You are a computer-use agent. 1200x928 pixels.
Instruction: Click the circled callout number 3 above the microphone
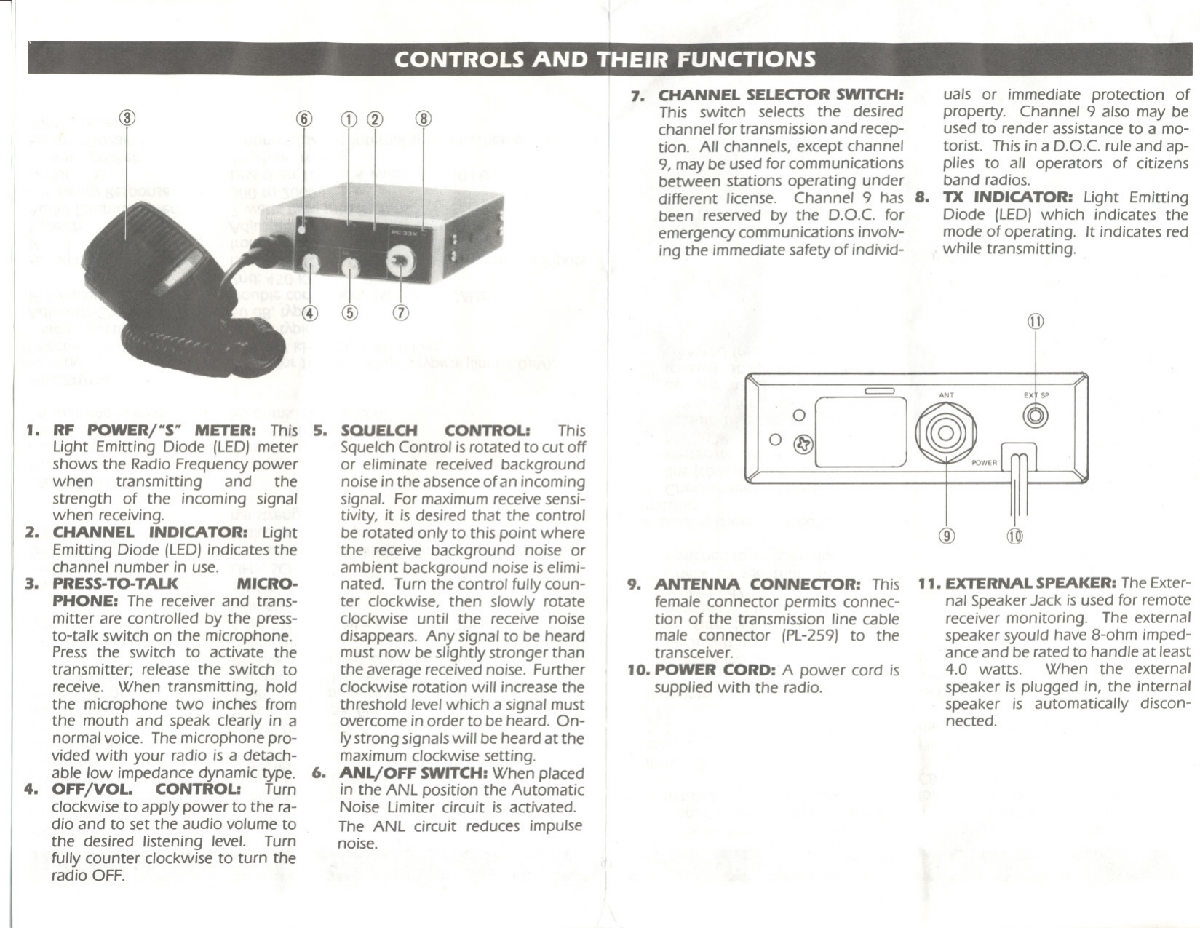(x=128, y=118)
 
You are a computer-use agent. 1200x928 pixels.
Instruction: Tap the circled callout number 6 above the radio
(x=304, y=119)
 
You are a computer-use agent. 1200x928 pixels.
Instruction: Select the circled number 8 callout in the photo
(x=424, y=119)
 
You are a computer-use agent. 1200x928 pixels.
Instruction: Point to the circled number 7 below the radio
(x=401, y=313)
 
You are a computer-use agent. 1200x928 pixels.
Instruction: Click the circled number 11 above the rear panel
(x=1035, y=322)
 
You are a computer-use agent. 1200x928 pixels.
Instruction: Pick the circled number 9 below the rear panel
(x=946, y=536)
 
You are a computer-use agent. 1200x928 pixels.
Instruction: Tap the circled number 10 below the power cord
(x=1014, y=536)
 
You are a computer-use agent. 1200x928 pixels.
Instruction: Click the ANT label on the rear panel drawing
(x=946, y=395)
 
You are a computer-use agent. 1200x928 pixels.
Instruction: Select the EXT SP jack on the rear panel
(x=1035, y=416)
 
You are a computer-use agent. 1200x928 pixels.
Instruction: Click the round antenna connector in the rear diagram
(x=946, y=433)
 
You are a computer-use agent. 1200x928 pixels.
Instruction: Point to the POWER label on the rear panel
(x=984, y=463)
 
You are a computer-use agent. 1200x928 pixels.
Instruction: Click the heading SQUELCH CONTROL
(x=434, y=430)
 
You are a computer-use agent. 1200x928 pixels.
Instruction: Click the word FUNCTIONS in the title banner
(x=745, y=59)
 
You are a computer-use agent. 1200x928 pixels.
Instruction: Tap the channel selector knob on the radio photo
(x=400, y=263)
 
